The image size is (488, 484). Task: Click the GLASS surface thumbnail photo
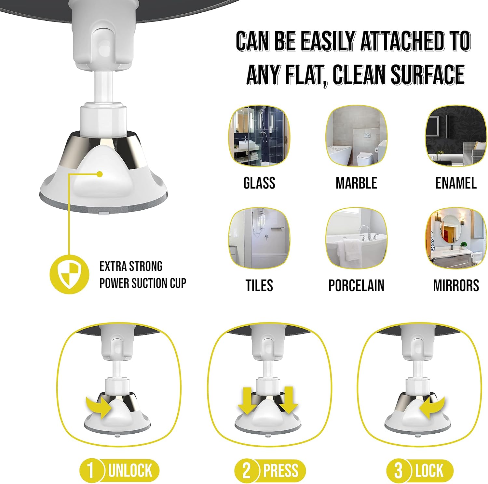coord(259,136)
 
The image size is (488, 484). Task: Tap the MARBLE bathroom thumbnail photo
coord(356,136)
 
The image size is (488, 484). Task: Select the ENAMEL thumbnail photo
coord(456,136)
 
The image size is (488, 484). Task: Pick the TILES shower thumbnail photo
coord(259,238)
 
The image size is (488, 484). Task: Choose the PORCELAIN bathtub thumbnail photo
coord(356,238)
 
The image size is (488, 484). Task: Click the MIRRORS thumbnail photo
coord(456,238)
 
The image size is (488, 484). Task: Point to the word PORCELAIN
coord(356,285)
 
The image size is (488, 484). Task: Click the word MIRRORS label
coord(456,285)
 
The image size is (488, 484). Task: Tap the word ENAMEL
coord(456,183)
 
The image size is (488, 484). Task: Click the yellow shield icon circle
coord(69,274)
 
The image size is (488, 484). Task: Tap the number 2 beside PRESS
coord(246,470)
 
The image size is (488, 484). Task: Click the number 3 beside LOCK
coord(398,470)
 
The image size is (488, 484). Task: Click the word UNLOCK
coord(130,470)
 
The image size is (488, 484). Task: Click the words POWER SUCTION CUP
coord(143,283)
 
